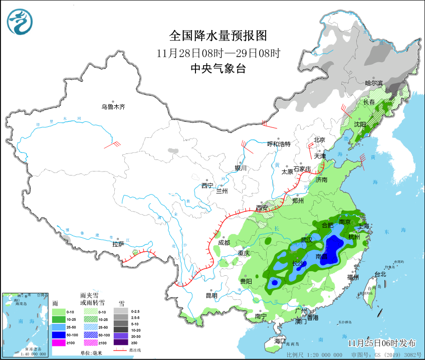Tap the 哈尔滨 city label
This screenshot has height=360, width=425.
click(373, 83)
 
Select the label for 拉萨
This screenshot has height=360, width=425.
click(118, 244)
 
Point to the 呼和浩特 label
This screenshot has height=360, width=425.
click(279, 144)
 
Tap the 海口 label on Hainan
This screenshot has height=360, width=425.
click(279, 341)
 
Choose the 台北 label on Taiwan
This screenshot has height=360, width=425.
click(380, 274)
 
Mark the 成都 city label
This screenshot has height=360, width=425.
click(224, 242)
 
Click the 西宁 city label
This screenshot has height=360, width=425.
click(207, 186)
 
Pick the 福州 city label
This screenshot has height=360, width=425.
click(353, 277)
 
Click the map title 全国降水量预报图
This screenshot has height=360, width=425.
click(218, 36)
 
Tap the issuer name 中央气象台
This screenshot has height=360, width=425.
click(218, 69)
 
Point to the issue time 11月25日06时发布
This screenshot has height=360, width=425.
click(382, 343)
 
